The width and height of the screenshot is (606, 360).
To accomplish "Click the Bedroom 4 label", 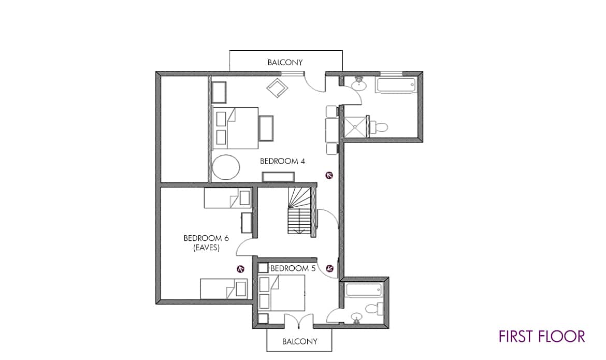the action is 282,161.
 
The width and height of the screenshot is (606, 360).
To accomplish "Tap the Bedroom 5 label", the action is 293,268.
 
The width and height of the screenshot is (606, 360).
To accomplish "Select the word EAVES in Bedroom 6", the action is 206,248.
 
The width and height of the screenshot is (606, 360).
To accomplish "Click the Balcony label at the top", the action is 285,62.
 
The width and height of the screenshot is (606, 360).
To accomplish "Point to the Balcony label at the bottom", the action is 299,341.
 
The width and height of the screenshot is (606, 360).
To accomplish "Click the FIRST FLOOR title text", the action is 542,336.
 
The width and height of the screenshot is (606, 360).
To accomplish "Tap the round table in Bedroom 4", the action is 226,167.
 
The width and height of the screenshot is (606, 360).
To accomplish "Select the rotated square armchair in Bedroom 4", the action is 278,88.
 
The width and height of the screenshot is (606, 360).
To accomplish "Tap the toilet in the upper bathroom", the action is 379,126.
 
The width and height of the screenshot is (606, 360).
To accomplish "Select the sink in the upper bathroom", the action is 360,84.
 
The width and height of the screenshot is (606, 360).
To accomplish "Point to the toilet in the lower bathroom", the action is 374,309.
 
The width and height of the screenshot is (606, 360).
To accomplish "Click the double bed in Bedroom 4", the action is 235,128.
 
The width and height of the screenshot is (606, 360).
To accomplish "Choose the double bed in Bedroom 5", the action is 282,293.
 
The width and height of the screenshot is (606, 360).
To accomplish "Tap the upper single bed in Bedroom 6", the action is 227,198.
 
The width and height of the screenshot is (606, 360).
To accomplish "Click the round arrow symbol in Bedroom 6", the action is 240,269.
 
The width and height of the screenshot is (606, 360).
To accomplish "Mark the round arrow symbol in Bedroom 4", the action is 329,175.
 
